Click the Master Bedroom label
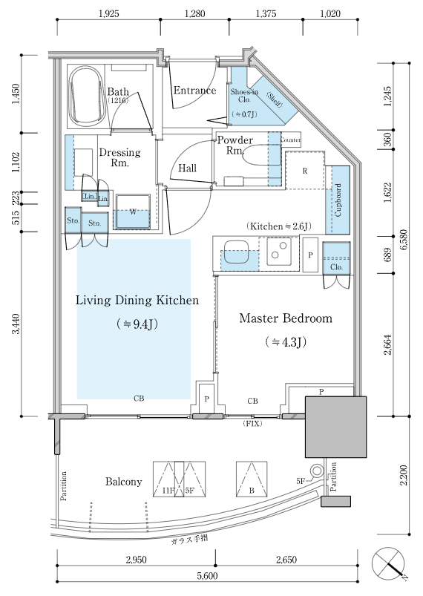pyautogui.click(x=286, y=318)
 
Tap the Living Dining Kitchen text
pyautogui.click(x=137, y=301)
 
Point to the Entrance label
pyautogui.click(x=194, y=91)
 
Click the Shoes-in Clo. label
pyautogui.click(x=244, y=96)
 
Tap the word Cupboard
pyautogui.click(x=338, y=200)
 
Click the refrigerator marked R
pyautogui.click(x=305, y=170)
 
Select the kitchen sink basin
pyautogui.click(x=236, y=252)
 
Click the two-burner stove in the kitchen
pyautogui.click(x=279, y=251)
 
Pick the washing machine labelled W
pyautogui.click(x=133, y=212)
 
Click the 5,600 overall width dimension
pyautogui.click(x=208, y=575)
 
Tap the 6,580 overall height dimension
pyautogui.click(x=403, y=240)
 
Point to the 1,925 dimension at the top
pyautogui.click(x=108, y=13)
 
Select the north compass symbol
pyautogui.click(x=389, y=563)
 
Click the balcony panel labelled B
pyautogui.click(x=252, y=479)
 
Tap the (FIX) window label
pyautogui.click(x=252, y=423)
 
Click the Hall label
pyautogui.click(x=187, y=168)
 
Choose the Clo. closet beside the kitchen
pyautogui.click(x=336, y=258)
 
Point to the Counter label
pyautogui.click(x=291, y=140)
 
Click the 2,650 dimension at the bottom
pyautogui.click(x=286, y=560)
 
